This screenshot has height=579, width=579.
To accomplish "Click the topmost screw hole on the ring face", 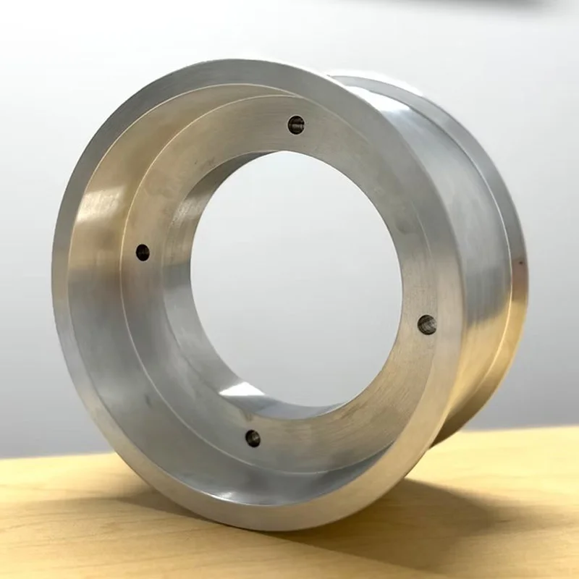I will click(x=296, y=124).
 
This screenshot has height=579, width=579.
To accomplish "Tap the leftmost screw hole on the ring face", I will click(x=143, y=253).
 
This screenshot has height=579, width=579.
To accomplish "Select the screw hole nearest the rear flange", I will click(x=427, y=324).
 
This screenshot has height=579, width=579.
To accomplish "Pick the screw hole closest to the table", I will click(x=253, y=437).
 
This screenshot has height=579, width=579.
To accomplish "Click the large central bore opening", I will click(x=304, y=275).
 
